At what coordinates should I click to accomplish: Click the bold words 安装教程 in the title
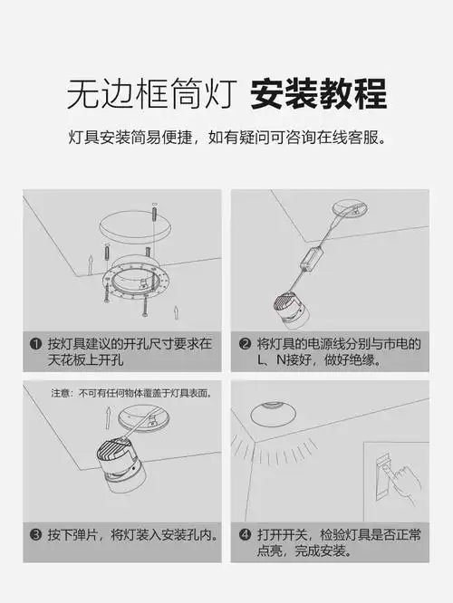tap(318, 93)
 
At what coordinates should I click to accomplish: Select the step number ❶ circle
tap(35, 344)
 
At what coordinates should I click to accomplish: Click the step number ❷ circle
tap(245, 344)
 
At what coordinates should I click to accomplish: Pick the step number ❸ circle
tap(35, 535)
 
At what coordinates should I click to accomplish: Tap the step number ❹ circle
tap(245, 535)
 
